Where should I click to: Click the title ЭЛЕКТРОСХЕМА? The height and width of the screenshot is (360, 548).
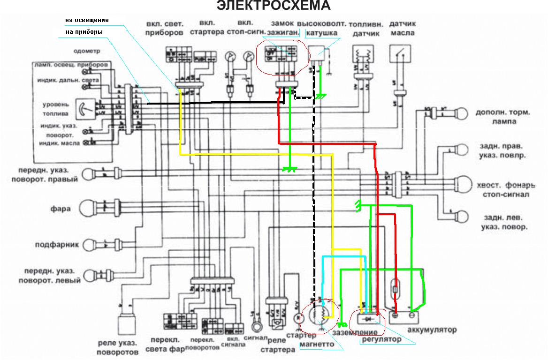[274, 6]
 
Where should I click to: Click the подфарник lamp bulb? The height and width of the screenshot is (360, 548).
[88, 244]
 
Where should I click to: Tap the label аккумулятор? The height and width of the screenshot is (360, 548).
[432, 330]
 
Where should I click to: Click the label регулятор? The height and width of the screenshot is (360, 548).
[381, 339]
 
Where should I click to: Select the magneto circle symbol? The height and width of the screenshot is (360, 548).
[319, 312]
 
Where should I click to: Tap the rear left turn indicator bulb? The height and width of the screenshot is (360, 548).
[463, 217]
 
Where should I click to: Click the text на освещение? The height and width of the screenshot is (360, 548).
[87, 20]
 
